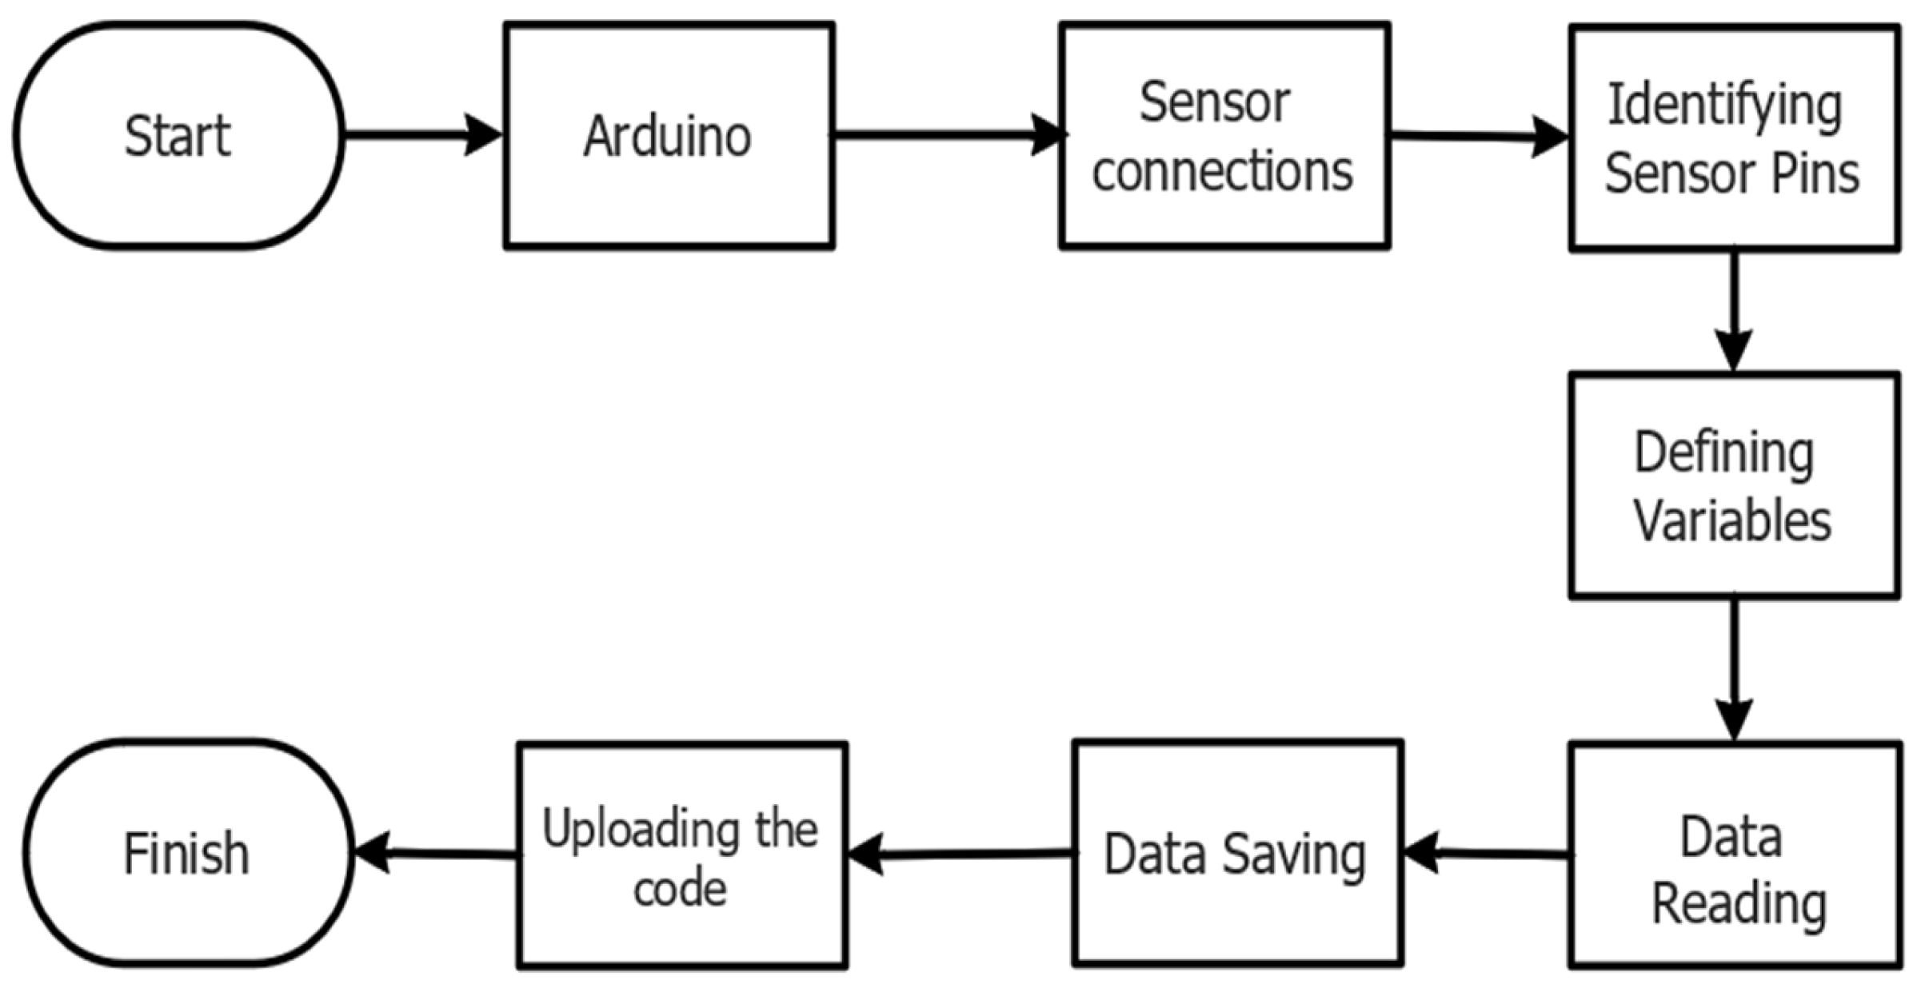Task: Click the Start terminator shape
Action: [x=178, y=136]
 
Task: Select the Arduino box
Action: [x=669, y=136]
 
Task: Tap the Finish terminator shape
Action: [x=188, y=854]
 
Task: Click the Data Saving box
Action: [x=1236, y=854]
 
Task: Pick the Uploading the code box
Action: [x=681, y=855]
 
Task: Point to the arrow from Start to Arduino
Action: [x=422, y=134]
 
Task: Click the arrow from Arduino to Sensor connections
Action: [x=948, y=134]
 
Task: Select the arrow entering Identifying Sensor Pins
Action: [x=1480, y=137]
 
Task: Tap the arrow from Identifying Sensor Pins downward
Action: [x=1733, y=312]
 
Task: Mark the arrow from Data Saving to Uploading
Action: [x=960, y=855]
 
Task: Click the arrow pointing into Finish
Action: [x=436, y=854]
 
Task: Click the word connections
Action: [x=1223, y=171]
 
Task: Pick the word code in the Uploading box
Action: [x=680, y=889]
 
